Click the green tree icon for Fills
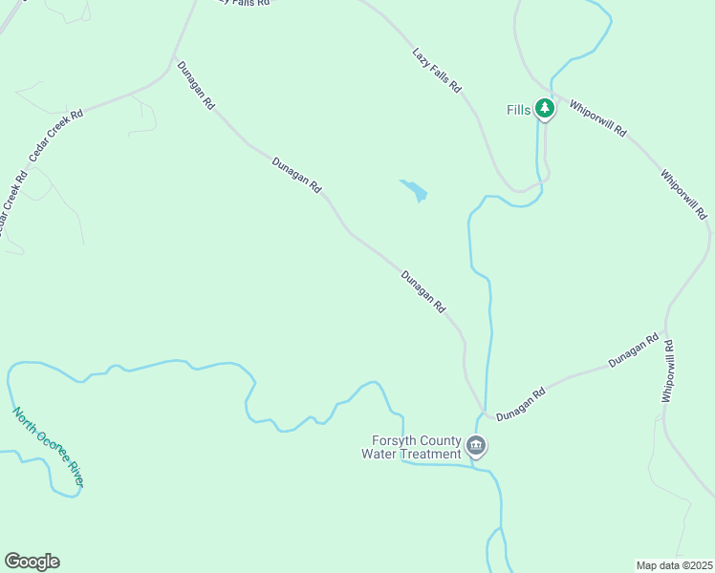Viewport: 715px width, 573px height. (x=545, y=109)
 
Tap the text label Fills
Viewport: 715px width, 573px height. (x=518, y=110)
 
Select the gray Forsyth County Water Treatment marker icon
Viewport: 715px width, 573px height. (x=476, y=445)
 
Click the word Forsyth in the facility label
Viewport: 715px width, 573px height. (x=395, y=440)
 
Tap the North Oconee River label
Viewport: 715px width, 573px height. (x=47, y=447)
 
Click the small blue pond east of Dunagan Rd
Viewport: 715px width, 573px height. (x=414, y=190)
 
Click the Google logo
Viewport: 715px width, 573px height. (x=32, y=562)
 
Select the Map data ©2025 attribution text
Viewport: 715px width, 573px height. (x=674, y=564)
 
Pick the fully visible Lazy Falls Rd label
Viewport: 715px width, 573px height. (x=437, y=71)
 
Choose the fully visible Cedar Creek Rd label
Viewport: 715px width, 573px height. (x=56, y=134)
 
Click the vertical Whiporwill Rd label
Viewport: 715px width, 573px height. (x=670, y=371)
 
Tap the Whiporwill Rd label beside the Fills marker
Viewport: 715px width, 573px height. (x=597, y=118)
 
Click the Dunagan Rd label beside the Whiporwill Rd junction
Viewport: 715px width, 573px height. (x=634, y=350)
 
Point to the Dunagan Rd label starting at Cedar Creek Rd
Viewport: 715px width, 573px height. (x=196, y=85)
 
